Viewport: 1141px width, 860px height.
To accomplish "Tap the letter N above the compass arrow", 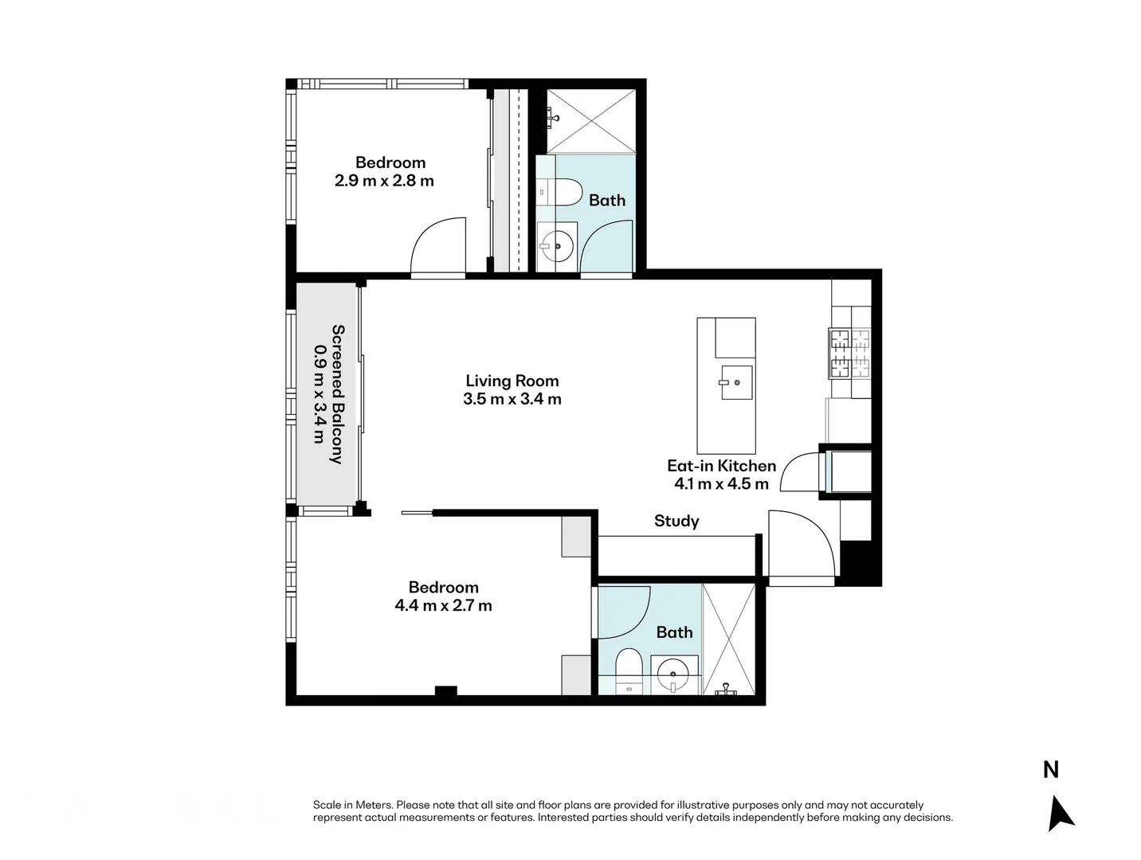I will tap(1051, 770).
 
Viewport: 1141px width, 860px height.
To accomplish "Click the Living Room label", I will tap(512, 381).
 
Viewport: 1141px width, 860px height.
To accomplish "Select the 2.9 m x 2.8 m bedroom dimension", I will tap(384, 181).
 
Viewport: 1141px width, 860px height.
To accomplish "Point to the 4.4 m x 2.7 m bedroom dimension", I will tap(443, 606).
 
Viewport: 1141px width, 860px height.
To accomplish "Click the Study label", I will tap(676, 521).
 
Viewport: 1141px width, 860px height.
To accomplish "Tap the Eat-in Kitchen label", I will tap(721, 466).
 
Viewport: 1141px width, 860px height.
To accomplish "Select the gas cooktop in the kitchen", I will tap(849, 354).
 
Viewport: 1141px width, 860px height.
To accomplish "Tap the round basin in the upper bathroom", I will tap(556, 245).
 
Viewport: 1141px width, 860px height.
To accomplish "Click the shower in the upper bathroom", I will tap(591, 120).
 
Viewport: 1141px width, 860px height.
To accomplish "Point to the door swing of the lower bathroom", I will tap(625, 612).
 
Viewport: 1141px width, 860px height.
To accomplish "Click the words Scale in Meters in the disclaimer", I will tap(353, 805).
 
